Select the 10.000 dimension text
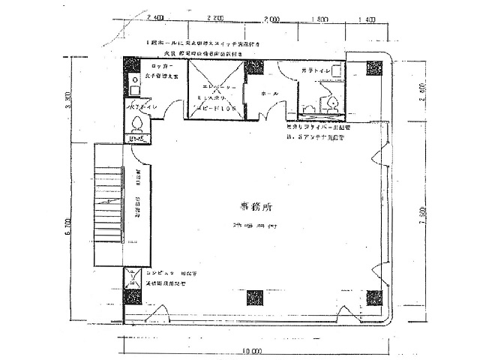(x=252, y=352)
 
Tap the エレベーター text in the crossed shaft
(x=215, y=87)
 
